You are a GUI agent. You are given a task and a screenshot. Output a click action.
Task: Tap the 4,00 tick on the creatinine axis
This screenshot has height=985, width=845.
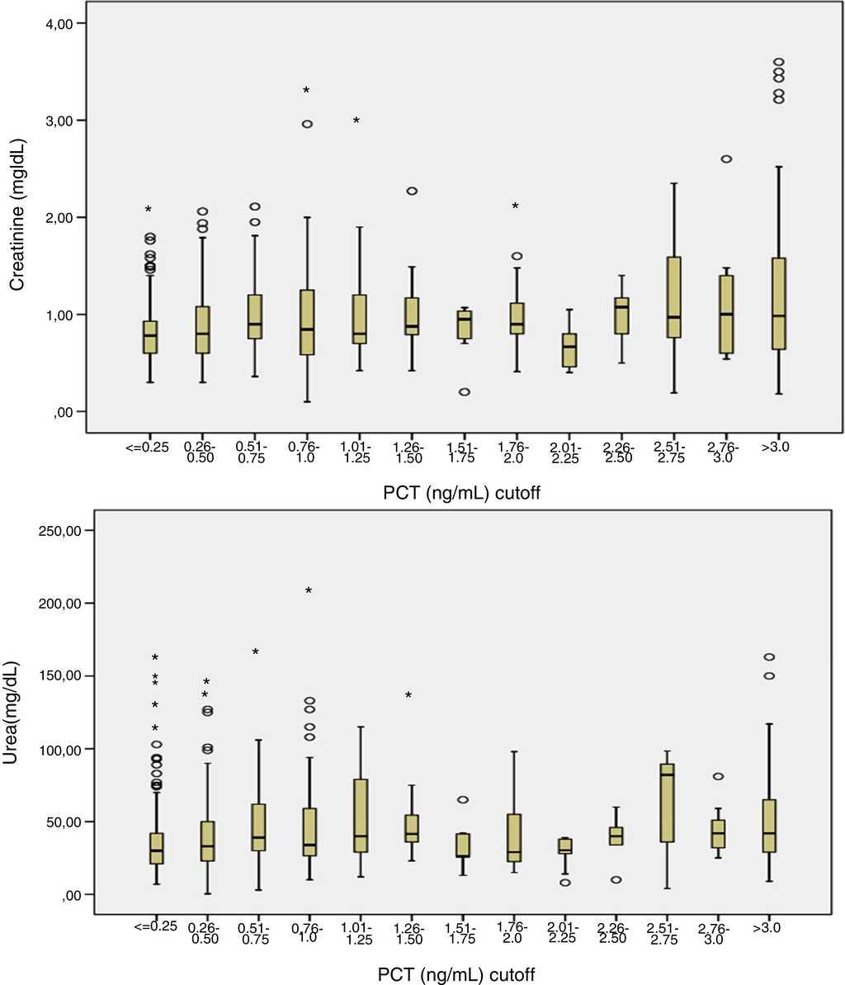pyautogui.click(x=58, y=23)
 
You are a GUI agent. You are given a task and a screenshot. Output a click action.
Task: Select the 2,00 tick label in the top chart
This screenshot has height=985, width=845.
pyautogui.click(x=58, y=217)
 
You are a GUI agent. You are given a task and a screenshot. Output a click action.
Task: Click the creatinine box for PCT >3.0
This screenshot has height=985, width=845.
pyautogui.click(x=777, y=304)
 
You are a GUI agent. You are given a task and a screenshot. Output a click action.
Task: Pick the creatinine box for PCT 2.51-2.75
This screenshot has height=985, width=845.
pyautogui.click(x=673, y=297)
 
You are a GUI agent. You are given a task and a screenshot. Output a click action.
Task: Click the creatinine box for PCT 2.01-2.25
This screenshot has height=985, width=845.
pyautogui.click(x=569, y=351)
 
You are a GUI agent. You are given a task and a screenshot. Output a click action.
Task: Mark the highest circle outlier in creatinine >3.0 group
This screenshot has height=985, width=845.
pyautogui.click(x=777, y=62)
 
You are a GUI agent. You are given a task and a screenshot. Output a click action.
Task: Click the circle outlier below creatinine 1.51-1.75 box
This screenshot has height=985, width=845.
pyautogui.click(x=465, y=391)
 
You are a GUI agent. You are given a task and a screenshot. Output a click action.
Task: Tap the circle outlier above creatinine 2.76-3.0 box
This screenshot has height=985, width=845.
pyautogui.click(x=725, y=159)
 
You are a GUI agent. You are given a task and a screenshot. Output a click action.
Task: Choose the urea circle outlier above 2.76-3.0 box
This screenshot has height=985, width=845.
pyautogui.click(x=719, y=776)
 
